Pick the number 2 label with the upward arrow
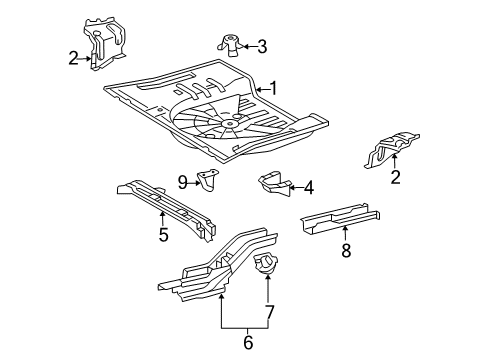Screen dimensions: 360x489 pyautogui.click(x=396, y=179)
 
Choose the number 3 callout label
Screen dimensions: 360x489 pyautogui.click(x=261, y=45)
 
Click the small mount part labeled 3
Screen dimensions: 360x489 pyautogui.click(x=228, y=43)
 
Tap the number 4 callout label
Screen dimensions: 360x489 pyautogui.click(x=309, y=186)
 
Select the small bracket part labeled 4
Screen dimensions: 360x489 pyautogui.click(x=271, y=184)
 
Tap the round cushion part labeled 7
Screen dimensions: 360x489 pyautogui.click(x=268, y=266)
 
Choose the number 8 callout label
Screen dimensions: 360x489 pyautogui.click(x=346, y=250)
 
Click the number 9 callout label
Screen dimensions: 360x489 pyautogui.click(x=183, y=181)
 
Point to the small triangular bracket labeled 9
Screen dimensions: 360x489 pyautogui.click(x=210, y=182)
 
